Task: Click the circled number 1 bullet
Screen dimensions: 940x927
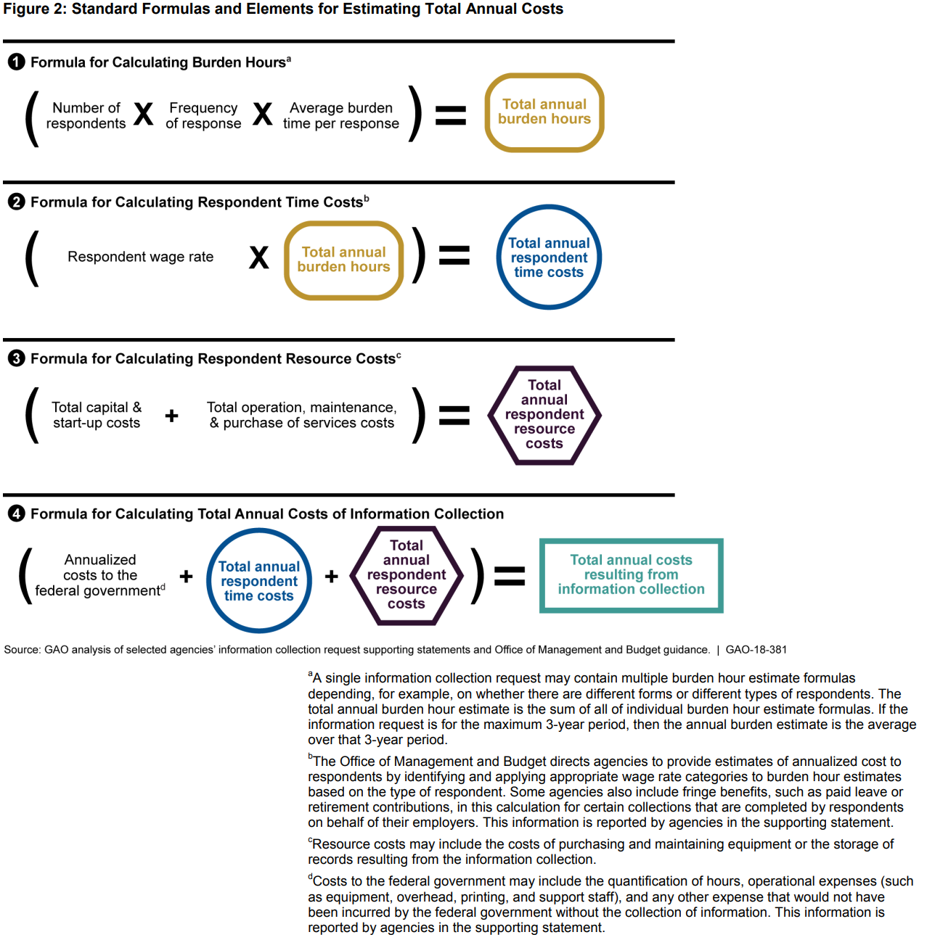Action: [x=16, y=62]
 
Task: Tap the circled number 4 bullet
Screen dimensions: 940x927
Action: [x=16, y=514]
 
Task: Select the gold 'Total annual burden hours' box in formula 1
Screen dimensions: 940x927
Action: [x=544, y=112]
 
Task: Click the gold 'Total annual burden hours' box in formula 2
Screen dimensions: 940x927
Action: [x=343, y=260]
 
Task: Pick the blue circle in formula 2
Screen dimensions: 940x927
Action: [x=549, y=257]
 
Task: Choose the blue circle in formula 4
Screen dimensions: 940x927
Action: [x=259, y=581]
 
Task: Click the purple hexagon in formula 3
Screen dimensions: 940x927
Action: [x=544, y=415]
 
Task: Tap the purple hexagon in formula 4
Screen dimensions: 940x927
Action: [x=407, y=575]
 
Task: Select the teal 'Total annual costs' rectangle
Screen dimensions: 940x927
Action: [x=631, y=575]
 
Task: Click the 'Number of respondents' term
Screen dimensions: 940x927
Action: [x=86, y=116]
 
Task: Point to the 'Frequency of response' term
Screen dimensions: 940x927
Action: [x=203, y=116]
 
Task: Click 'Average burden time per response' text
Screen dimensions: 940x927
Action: [x=340, y=116]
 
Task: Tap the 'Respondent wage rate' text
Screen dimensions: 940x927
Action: [x=140, y=257]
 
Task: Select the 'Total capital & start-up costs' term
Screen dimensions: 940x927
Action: [x=97, y=416]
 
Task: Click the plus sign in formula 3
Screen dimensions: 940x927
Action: [x=171, y=416]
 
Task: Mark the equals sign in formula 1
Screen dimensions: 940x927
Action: [x=450, y=115]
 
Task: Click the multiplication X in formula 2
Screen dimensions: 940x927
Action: [x=259, y=257]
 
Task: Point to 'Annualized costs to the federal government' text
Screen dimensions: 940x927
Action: [x=100, y=575]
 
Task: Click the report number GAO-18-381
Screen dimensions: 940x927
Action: [x=756, y=650]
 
